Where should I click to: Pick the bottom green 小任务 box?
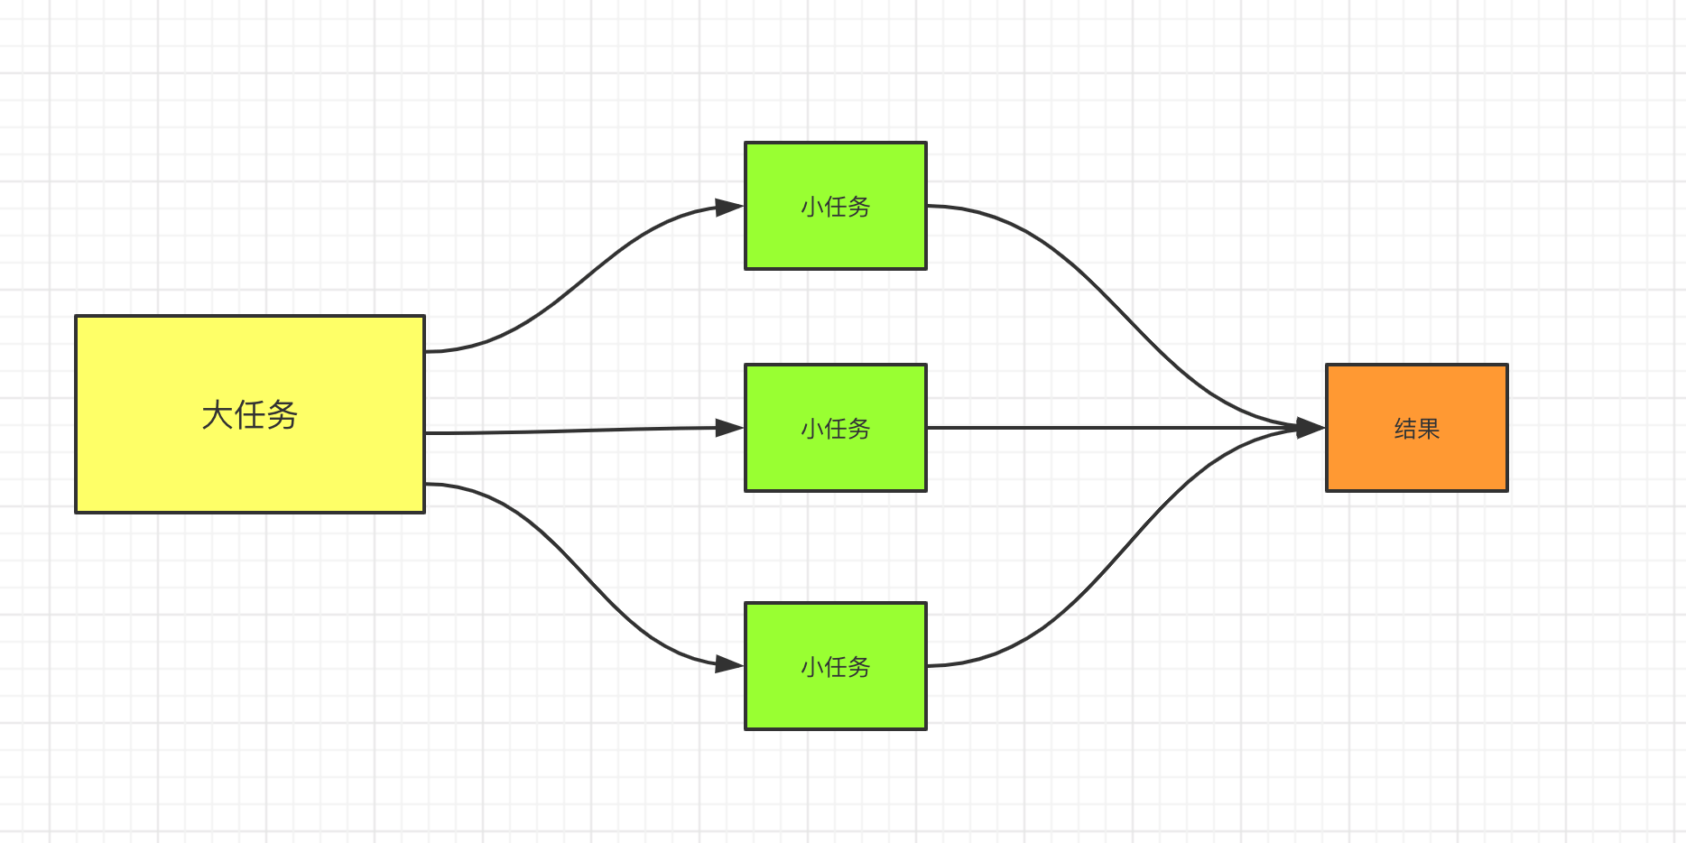(835, 700)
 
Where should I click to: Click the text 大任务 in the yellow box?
(249, 415)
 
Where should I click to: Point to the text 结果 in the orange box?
(1416, 429)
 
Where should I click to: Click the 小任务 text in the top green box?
(835, 207)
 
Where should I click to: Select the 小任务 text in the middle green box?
(835, 429)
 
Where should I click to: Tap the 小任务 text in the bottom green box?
(835, 667)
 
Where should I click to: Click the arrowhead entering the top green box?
(728, 208)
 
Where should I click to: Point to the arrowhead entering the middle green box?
(728, 428)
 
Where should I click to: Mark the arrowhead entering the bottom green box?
(728, 665)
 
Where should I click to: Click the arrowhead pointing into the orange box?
(1310, 428)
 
